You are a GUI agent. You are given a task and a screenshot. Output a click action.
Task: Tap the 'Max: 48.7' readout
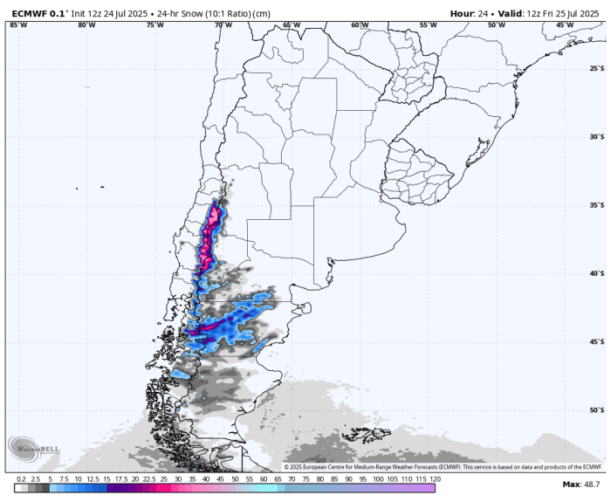pyautogui.click(x=580, y=484)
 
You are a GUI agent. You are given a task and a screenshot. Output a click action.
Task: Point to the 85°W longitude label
pyautogui.click(x=17, y=25)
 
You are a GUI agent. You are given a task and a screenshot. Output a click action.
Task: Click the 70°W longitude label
pyautogui.click(x=223, y=25)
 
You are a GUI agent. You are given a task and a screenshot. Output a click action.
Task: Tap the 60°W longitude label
pyautogui.click(x=360, y=25)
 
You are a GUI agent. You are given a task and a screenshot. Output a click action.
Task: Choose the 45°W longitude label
pyautogui.click(x=566, y=25)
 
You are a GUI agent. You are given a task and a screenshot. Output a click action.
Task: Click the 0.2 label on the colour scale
pyautogui.click(x=19, y=479)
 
